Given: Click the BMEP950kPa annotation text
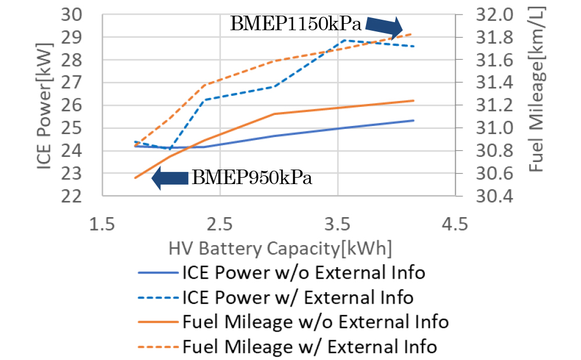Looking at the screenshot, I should tap(252, 178).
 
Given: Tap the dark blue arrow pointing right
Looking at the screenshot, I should tap(384, 26).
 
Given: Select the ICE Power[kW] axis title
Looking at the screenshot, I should tap(46, 105).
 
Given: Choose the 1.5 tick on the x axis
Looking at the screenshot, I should tap(102, 223).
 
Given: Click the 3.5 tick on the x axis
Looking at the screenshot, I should tap(338, 223).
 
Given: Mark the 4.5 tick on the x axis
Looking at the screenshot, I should tap(455, 223).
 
